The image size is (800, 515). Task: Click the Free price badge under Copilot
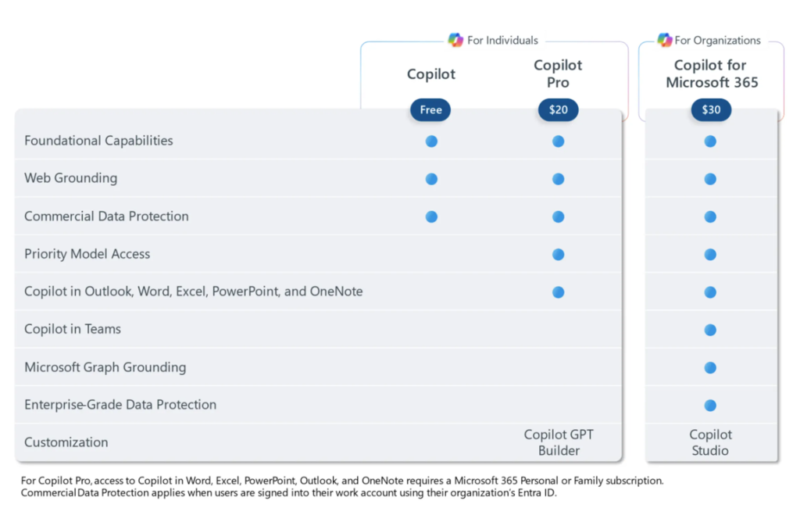pyautogui.click(x=430, y=110)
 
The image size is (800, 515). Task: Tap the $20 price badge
pyautogui.click(x=558, y=110)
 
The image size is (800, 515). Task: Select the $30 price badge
pyautogui.click(x=711, y=110)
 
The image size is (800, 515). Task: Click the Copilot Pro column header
pyautogui.click(x=558, y=73)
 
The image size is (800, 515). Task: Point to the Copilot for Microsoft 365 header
pyautogui.click(x=711, y=73)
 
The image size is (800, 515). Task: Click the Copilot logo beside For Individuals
pyautogui.click(x=455, y=40)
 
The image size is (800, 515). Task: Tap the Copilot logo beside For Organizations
pyautogui.click(x=664, y=40)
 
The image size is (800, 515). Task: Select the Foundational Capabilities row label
pyautogui.click(x=98, y=141)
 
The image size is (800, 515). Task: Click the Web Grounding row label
pyautogui.click(x=70, y=178)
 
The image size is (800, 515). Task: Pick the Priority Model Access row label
pyautogui.click(x=87, y=254)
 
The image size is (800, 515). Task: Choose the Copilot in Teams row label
pyautogui.click(x=73, y=329)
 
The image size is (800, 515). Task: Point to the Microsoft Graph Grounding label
pyautogui.click(x=105, y=367)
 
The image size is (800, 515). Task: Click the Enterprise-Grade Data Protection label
pyautogui.click(x=120, y=405)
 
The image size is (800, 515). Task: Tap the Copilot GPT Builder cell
pyautogui.click(x=559, y=442)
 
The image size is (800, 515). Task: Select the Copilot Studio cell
pyautogui.click(x=710, y=442)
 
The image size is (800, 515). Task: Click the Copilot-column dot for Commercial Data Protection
pyautogui.click(x=431, y=216)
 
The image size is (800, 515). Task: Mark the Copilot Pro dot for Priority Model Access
pyautogui.click(x=558, y=254)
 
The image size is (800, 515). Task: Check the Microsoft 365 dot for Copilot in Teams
pyautogui.click(x=710, y=330)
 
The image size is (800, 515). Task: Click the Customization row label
pyautogui.click(x=66, y=442)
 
